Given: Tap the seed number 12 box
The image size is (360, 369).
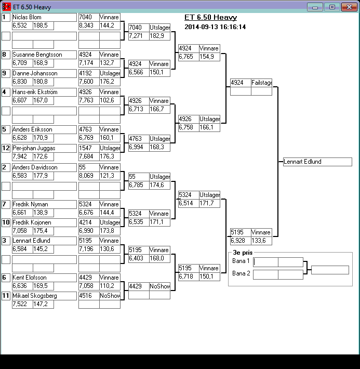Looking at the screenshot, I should (x=6, y=148).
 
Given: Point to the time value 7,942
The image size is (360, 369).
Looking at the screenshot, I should (x=19, y=156).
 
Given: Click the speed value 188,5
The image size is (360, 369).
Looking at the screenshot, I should (x=41, y=25).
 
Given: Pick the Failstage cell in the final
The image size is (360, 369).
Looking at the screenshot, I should (x=261, y=83).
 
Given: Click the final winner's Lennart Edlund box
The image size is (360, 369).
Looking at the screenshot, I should (x=317, y=162).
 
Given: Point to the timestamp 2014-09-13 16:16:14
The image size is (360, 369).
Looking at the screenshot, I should (x=215, y=27).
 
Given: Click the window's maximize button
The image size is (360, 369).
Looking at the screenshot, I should (x=331, y=7).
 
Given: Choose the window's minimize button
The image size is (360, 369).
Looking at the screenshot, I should (x=315, y=7).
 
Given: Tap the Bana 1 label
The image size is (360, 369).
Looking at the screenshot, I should (x=241, y=261).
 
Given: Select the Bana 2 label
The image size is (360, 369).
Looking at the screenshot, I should (x=241, y=273).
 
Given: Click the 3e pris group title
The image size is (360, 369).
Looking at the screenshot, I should (x=243, y=253).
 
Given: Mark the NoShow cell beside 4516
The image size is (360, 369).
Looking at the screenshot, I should (x=110, y=296).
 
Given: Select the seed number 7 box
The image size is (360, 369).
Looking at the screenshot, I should (x=6, y=204).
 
